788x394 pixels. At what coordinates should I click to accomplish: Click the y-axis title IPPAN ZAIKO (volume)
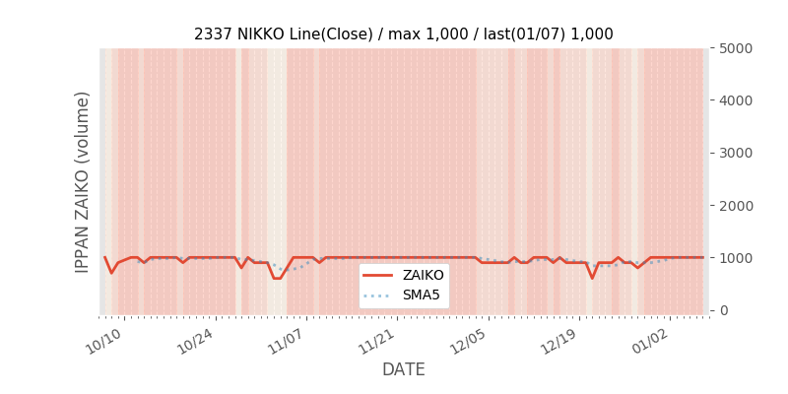point(83,181)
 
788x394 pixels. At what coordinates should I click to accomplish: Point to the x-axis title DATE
point(404,369)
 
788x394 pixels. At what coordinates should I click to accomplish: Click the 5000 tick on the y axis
point(733,47)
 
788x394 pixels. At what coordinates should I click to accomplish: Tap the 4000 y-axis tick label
point(733,100)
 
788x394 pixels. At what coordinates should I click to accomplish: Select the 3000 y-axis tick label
point(733,153)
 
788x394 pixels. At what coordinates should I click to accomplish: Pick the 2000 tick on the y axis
point(733,205)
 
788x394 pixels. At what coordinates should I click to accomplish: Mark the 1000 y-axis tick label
point(733,258)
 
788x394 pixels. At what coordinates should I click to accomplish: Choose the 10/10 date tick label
point(103,342)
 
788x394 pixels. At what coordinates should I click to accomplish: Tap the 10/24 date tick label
point(194,342)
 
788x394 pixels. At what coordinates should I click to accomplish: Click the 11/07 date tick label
point(286,342)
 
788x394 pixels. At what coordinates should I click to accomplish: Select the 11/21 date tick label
point(376,342)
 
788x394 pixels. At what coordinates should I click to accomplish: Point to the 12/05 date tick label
point(468,342)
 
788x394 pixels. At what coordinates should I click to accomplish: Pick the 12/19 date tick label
point(558,342)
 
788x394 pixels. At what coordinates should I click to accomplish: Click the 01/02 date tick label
point(649,342)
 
